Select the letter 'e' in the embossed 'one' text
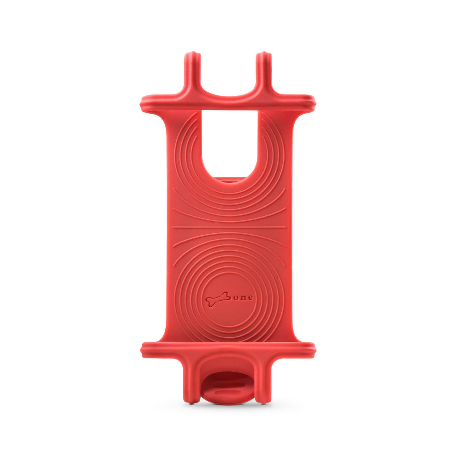(x=250, y=298)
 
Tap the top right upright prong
(x=265, y=71)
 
